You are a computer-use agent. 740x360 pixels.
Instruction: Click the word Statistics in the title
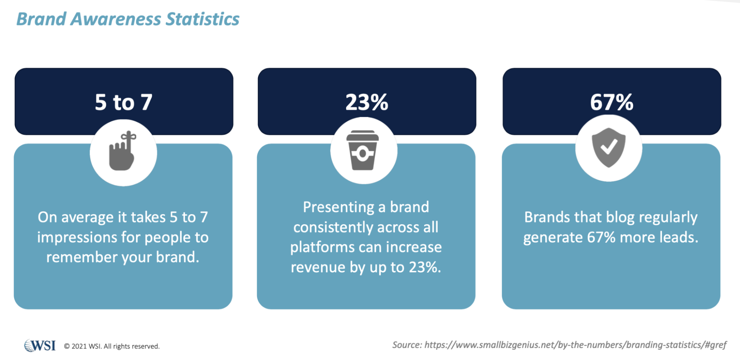[202, 19]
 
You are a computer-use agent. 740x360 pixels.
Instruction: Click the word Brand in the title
[41, 19]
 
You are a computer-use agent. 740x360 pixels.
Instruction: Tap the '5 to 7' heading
[124, 102]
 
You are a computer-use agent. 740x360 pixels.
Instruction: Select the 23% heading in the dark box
[367, 102]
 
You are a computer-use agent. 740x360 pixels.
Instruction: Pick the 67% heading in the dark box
[612, 102]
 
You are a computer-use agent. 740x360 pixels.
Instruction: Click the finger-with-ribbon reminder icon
[123, 151]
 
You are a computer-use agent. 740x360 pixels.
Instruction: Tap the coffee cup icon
[362, 150]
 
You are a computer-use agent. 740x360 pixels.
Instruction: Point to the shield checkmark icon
[609, 148]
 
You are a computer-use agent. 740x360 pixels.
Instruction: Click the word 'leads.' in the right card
[678, 238]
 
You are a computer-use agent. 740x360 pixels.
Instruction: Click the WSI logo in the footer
[40, 346]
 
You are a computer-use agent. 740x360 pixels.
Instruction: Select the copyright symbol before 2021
[67, 346]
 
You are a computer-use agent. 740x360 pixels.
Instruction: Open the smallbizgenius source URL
[575, 345]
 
